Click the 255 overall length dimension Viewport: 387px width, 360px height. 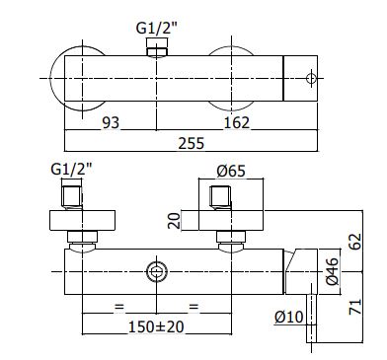coord(192,143)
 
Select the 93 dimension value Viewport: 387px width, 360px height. coord(111,123)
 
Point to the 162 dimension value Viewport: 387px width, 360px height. coord(237,123)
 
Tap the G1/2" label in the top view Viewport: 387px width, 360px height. coord(157,29)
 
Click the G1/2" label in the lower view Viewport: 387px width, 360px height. coord(71,170)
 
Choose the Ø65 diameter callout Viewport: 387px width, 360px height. coord(231,171)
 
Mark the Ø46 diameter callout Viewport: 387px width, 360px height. coord(332,271)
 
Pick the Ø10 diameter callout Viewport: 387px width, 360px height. coord(289,317)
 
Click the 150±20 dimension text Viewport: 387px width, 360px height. coord(156,326)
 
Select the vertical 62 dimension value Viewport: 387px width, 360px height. coord(355,242)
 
